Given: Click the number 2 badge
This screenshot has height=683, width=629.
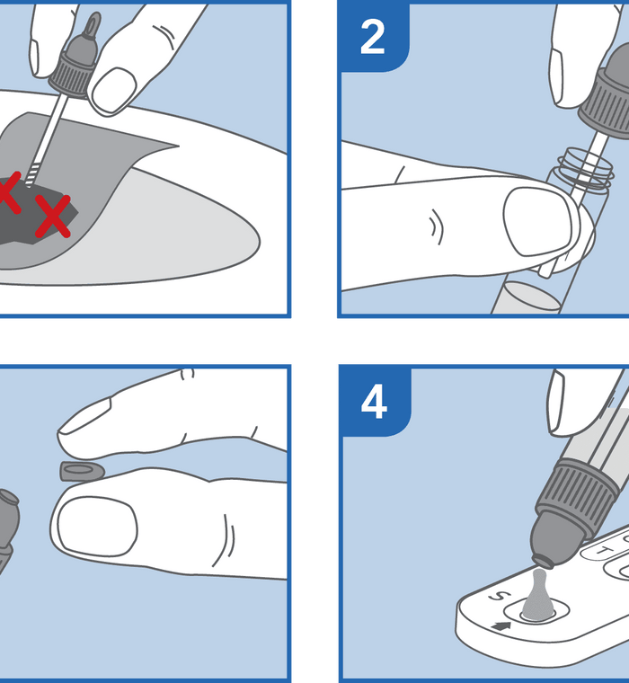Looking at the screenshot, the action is (373, 37).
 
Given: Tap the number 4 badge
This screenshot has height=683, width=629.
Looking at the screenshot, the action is (374, 401).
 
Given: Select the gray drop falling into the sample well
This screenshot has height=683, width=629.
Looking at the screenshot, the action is (538, 595).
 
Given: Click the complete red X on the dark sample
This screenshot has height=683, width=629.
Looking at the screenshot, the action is (53, 216).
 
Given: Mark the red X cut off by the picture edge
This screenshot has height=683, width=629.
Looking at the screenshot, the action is (9, 192).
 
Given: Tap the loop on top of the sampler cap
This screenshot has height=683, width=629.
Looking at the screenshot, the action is (92, 26).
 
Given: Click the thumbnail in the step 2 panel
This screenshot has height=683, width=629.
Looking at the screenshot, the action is (537, 221).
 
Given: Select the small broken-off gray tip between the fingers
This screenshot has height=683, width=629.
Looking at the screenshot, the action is (83, 471).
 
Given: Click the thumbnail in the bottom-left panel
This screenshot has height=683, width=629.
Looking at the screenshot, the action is (97, 527).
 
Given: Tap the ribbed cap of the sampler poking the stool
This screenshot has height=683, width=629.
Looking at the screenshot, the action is (72, 74).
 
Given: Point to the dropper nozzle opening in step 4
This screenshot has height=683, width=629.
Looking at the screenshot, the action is (544, 562).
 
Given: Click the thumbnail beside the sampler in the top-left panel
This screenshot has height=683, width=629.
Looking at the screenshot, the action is (114, 89).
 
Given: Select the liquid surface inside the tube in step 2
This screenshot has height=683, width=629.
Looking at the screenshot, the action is (530, 296).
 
